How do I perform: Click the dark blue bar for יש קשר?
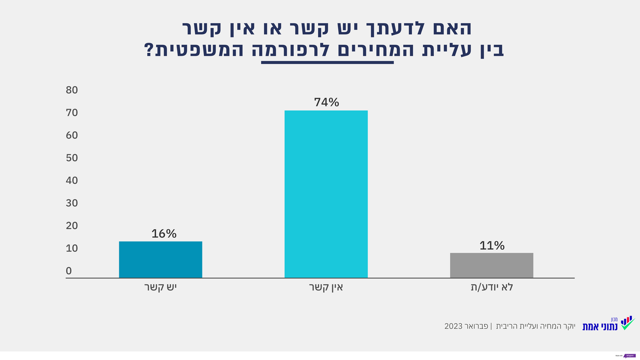pos(160,259)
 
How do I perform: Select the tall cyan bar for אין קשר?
pos(326,194)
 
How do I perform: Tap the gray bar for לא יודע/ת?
pos(491,265)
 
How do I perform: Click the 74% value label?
pos(326,102)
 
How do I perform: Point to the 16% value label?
pos(164,234)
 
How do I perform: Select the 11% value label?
pos(492,246)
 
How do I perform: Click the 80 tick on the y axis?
pos(72,90)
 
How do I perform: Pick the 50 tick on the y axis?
pos(72,158)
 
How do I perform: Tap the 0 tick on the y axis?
pos(69,271)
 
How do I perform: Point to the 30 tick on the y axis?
pos(72,203)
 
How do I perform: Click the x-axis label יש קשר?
pos(160,288)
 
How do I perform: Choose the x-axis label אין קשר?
pos(326,288)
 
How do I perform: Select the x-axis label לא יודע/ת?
pos(491,288)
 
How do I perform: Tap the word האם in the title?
pos(453,28)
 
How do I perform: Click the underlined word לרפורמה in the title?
pos(327,50)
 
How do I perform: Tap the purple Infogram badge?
pos(629,355)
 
